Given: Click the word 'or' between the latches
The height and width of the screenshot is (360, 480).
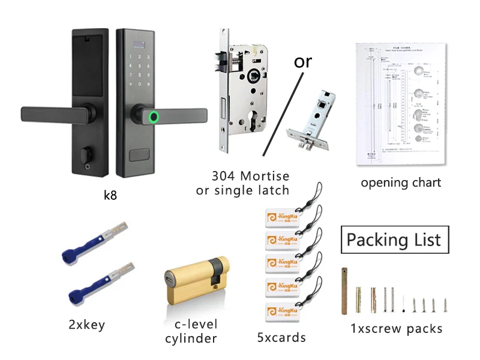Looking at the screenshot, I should pos(303,61).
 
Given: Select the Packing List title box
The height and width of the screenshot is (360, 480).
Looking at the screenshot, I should pos(394,240).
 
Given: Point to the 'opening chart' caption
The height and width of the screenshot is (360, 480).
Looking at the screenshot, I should pos(401,182).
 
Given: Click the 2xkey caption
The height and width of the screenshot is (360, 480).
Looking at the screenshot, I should pos(86,325).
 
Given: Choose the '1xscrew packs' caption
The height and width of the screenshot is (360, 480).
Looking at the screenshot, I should pos(397,328).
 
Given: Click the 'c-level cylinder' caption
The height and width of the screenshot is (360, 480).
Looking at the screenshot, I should pos(191,331).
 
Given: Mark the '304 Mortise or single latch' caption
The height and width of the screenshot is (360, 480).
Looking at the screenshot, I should pos(242,183).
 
